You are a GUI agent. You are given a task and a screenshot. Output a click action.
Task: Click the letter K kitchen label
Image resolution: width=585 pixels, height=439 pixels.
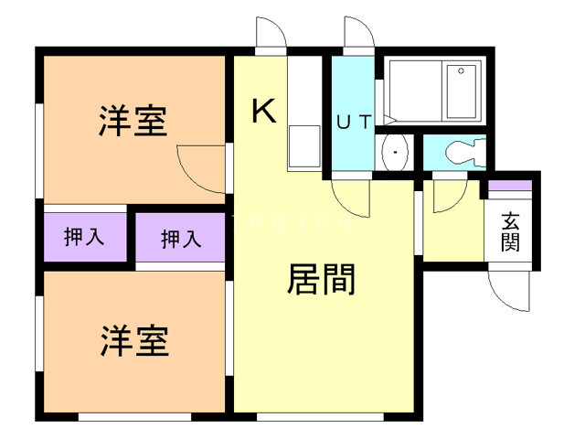coord(263,112)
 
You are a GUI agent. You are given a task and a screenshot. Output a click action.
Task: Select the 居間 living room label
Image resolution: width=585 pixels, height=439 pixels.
coord(321,280)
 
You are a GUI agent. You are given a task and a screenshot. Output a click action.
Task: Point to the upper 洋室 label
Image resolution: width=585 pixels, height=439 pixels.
coord(133,122)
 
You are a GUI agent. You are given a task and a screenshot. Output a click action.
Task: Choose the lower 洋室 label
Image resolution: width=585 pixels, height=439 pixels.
coord(133,342)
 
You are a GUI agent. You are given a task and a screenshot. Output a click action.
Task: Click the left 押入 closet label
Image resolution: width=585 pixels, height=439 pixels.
coord(84,238)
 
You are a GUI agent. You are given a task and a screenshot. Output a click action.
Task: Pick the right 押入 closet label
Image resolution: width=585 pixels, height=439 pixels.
coord(180,240)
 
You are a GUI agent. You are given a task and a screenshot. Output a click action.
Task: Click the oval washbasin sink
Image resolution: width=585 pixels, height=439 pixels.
coord(395,152)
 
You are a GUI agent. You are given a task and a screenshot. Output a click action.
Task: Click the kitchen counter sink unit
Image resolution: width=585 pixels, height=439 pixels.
coord(304,146)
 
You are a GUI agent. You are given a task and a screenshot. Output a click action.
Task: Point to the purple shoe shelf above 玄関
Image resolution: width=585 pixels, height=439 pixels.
coord(508,186)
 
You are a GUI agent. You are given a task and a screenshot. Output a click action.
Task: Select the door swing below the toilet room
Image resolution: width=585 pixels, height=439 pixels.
coord(448,194)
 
